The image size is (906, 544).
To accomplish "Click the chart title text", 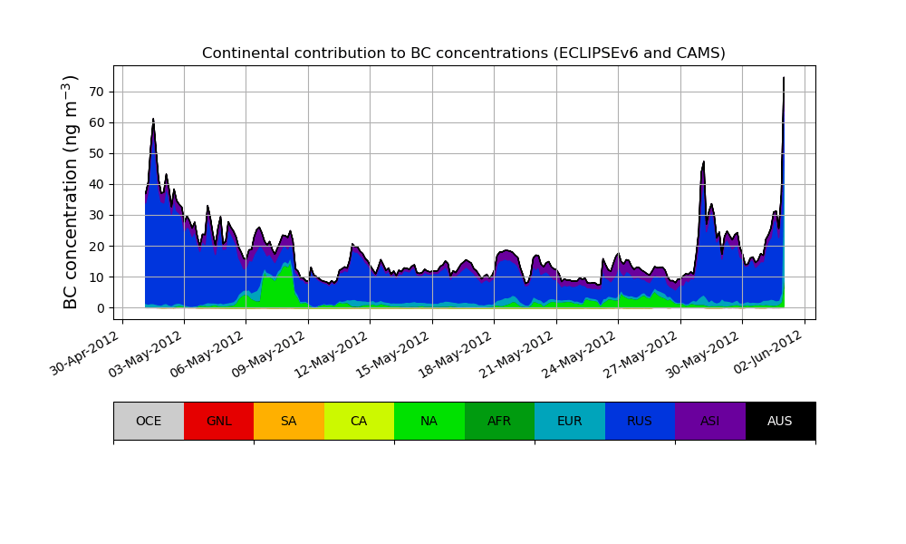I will [463, 53].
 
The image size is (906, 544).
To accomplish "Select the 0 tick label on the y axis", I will [100, 308].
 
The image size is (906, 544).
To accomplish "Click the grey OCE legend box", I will [149, 421].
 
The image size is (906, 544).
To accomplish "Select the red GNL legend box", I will [218, 421].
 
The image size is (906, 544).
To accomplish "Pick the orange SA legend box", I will [289, 421].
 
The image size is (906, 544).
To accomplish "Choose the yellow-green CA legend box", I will [359, 421].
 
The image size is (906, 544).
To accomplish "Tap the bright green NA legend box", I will [429, 421].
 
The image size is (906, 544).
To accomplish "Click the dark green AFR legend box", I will [499, 421].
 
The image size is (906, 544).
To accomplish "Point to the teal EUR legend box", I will [570, 421].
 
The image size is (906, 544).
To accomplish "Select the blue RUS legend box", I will [640, 421].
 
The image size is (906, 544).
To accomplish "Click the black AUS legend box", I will [780, 421].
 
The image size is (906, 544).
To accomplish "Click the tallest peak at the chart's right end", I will [784, 79].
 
